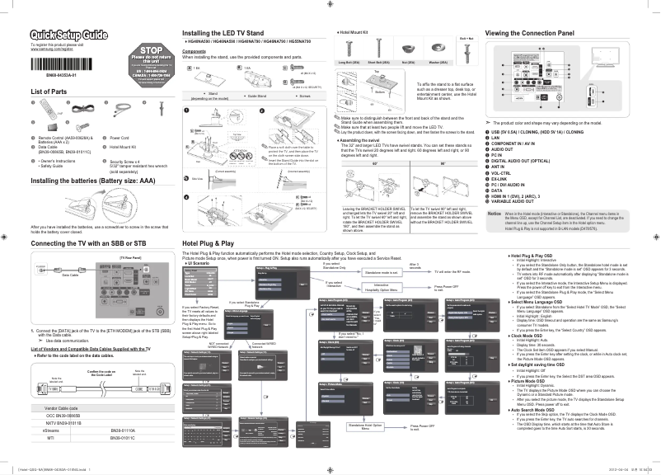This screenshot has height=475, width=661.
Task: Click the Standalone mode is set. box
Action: point(383,271)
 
